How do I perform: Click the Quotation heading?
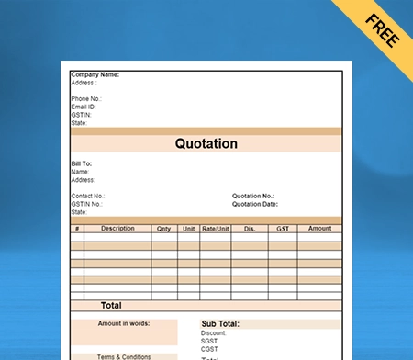pyautogui.click(x=206, y=144)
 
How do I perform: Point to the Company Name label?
pyautogui.click(x=95, y=75)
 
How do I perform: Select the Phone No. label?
pyautogui.click(x=85, y=98)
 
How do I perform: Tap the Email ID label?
pyautogui.click(x=84, y=107)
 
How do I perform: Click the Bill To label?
pyautogui.click(x=81, y=163)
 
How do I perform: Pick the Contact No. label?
pyautogui.click(x=87, y=196)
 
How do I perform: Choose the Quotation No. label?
pyautogui.click(x=253, y=196)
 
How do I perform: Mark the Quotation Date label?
pyautogui.click(x=255, y=204)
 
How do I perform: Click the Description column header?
pyautogui.click(x=117, y=229)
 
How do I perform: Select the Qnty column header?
pyautogui.click(x=163, y=229)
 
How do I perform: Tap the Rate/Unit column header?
pyautogui.click(x=216, y=229)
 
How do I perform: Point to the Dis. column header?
pyautogui.click(x=249, y=229)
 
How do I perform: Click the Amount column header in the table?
pyautogui.click(x=319, y=229)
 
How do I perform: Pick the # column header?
pyautogui.click(x=77, y=229)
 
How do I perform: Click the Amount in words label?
pyautogui.click(x=124, y=323)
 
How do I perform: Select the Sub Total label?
pyautogui.click(x=220, y=324)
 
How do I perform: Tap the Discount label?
pyautogui.click(x=213, y=333)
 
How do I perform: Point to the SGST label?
pyautogui.click(x=209, y=342)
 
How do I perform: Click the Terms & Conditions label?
pyautogui.click(x=124, y=356)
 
